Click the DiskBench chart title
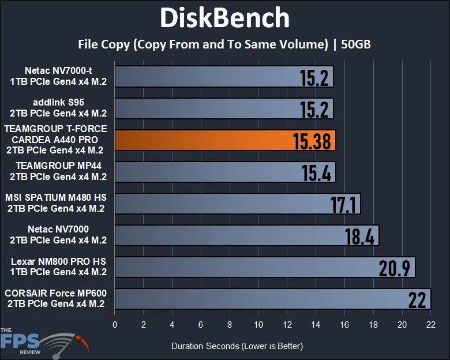pyautogui.click(x=224, y=18)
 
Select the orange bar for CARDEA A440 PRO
pyautogui.click(x=225, y=140)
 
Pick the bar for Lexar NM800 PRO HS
pyautogui.click(x=265, y=267)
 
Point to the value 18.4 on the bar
pyautogui.click(x=361, y=236)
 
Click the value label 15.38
pyautogui.click(x=312, y=141)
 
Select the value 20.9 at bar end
pyautogui.click(x=396, y=268)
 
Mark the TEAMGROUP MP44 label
pyautogui.click(x=58, y=172)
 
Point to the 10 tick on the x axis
pyautogui.click(x=258, y=325)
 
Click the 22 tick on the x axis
pyautogui.click(x=430, y=325)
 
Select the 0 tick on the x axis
pyautogui.click(x=115, y=325)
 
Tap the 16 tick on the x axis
pyautogui.click(x=344, y=325)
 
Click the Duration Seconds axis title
pyautogui.click(x=237, y=346)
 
